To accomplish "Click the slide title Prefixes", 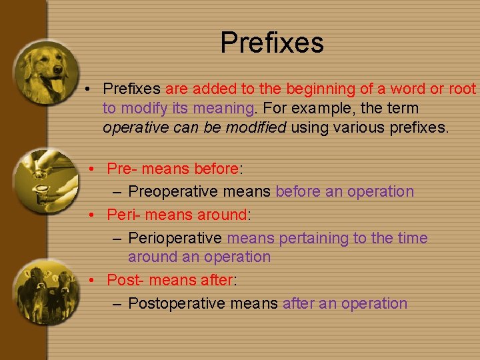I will point(272,43).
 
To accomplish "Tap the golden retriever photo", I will point(45,72).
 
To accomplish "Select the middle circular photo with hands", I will point(45,180).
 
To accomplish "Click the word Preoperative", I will point(175,192).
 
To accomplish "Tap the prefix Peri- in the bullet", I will point(123,215).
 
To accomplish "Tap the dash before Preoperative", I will point(117,192).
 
